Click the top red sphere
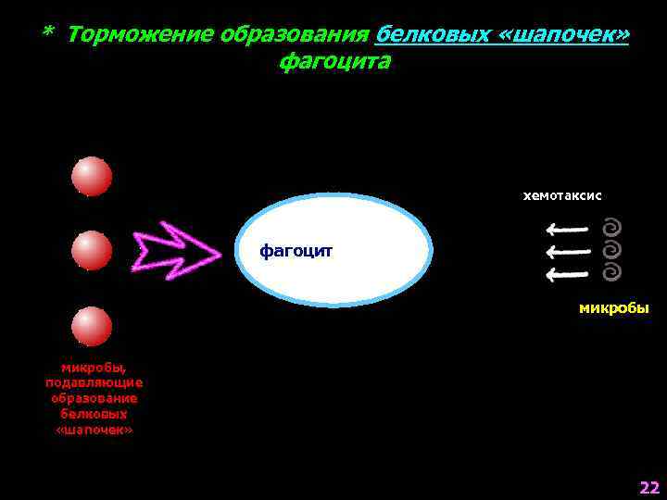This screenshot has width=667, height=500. pos(92,176)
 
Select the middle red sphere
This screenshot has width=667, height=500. pos(92,250)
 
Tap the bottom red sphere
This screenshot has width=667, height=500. pos(92,326)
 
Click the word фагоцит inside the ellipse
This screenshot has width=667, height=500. pos(296,251)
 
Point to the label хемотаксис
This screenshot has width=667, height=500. pos(562,195)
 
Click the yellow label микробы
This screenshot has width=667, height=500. pos(613,308)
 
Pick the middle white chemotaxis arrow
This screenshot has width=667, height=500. pos(567,251)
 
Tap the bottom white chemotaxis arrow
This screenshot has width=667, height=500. pos(567,274)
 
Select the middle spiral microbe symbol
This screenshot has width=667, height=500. pos(611,250)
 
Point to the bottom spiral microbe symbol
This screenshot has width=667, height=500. pos(611,272)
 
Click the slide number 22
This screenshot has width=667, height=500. pos(648,487)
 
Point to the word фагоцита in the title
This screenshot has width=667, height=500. pos(333,62)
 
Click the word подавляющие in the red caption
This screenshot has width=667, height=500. pos(94,381)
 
